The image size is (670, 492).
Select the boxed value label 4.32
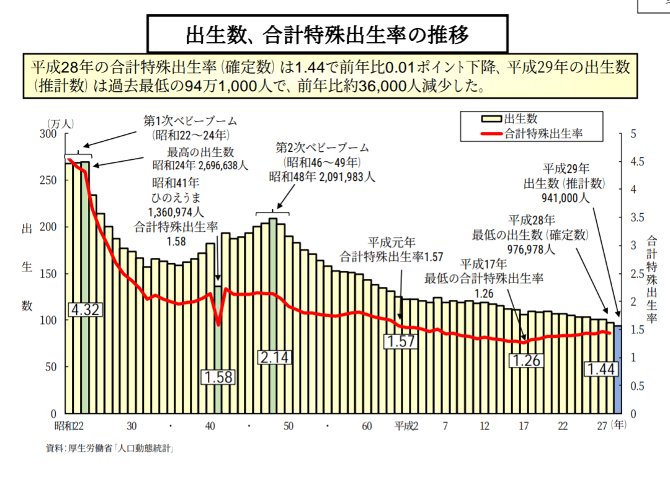(x=85, y=310)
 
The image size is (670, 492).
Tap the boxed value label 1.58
(x=218, y=377)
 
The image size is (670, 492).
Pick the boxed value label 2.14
(x=274, y=357)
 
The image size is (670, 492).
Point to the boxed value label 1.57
(x=400, y=341)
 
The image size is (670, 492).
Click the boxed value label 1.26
(x=527, y=360)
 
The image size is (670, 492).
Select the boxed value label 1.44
(x=601, y=370)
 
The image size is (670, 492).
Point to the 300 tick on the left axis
(x=48, y=134)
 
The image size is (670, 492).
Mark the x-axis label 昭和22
(x=69, y=426)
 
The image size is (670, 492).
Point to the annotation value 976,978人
(x=531, y=250)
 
